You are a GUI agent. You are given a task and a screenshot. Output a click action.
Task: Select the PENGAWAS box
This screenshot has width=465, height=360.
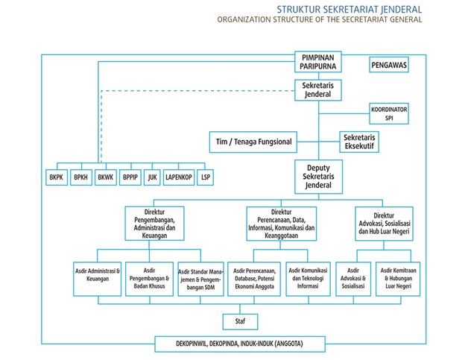pos(388,66)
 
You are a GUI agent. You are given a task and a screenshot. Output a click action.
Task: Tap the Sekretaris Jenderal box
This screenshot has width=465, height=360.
pos(318,90)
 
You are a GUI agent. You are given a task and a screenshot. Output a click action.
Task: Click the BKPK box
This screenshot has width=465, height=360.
pos(56,179)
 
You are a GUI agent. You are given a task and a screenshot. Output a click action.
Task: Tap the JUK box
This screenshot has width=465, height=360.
pos(153,179)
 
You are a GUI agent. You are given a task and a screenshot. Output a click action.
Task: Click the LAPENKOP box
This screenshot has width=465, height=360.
pos(179,179)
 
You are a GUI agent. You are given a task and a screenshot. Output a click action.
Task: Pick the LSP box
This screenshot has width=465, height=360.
pos(206,179)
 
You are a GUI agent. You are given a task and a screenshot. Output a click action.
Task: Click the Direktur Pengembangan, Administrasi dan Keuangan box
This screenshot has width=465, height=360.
pos(154,223)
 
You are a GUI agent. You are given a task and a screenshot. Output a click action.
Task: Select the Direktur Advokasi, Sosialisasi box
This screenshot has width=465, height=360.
pos(385,222)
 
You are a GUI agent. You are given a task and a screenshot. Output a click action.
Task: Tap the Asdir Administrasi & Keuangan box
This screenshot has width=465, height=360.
pos(98,277)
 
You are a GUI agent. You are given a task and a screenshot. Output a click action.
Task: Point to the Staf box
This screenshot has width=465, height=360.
pos(241,322)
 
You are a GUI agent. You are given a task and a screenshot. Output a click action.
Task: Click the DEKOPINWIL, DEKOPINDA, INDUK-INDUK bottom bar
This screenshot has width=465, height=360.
pos(240,344)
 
